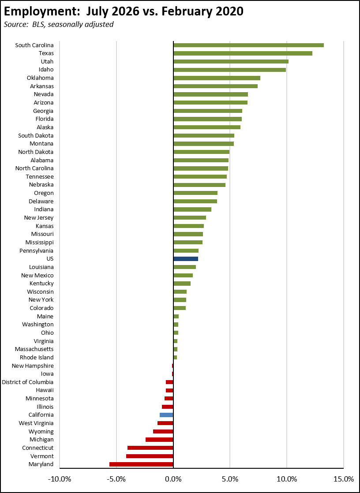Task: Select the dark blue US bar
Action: tap(186, 259)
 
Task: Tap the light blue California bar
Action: tap(166, 415)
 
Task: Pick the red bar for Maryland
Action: tap(141, 464)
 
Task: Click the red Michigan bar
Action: tap(160, 440)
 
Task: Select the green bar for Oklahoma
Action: tap(217, 78)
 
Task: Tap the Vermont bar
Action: tap(150, 456)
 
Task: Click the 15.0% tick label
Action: tap(343, 479)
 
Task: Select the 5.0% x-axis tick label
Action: tap(230, 479)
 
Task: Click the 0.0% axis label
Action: tap(173, 479)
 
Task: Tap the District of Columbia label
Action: tap(28, 382)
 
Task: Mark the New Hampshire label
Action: tap(33, 366)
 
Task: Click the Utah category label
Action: tap(47, 61)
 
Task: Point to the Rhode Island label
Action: tap(37, 358)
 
